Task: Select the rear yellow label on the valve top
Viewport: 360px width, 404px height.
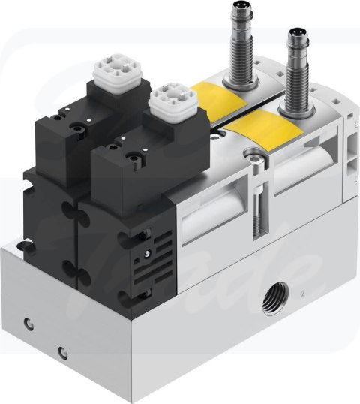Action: coord(217,98)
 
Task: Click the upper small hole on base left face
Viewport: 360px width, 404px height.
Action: coord(28,323)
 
